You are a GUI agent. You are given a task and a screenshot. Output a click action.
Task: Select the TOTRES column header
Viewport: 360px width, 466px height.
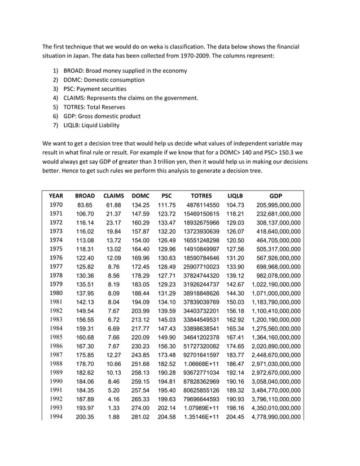(x=201, y=196)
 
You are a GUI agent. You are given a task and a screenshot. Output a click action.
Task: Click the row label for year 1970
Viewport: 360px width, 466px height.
(x=56, y=205)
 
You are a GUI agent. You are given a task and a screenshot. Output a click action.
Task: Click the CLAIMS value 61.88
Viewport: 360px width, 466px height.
(x=114, y=205)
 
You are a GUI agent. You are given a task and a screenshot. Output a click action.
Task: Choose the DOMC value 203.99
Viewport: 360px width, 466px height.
(x=140, y=311)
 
